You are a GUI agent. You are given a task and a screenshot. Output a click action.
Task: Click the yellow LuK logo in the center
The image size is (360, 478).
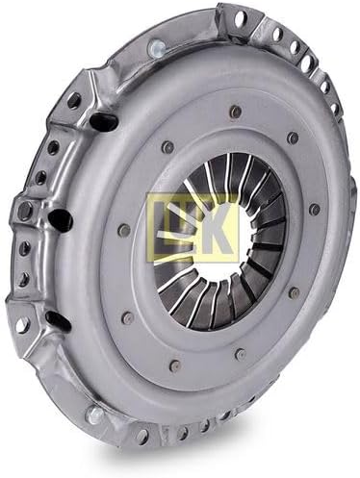193,228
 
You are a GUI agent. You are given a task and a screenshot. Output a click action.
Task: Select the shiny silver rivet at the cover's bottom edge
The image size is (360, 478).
95,415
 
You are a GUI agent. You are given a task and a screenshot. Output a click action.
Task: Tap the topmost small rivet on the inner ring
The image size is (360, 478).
236,110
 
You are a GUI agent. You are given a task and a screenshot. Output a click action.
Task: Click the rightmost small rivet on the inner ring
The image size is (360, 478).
315,209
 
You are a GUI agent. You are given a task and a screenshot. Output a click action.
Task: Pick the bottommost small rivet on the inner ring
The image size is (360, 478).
175,365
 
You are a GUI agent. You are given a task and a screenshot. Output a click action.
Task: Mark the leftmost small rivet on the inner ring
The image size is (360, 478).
123,229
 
